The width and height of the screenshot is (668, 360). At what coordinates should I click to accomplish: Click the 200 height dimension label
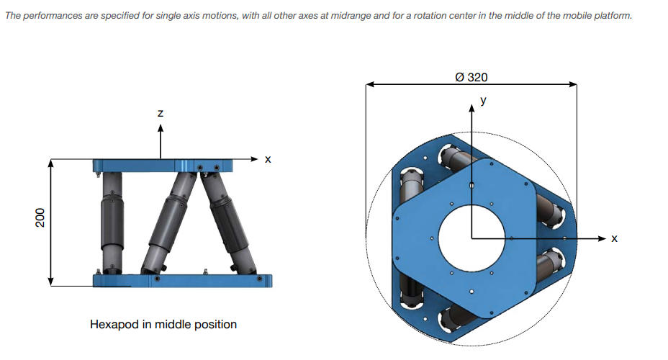click(x=40, y=217)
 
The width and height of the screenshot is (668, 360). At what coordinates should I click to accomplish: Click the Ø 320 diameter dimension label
click(x=471, y=77)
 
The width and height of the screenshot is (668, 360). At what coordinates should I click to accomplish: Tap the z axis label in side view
click(x=161, y=113)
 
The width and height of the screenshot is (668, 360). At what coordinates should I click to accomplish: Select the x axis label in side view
click(x=268, y=159)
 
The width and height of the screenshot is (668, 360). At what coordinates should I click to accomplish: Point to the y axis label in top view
click(x=483, y=101)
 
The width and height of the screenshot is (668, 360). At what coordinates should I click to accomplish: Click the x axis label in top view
click(x=614, y=238)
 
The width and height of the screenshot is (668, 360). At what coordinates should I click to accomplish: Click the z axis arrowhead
click(x=161, y=128)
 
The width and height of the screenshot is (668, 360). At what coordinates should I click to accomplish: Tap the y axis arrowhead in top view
click(x=471, y=108)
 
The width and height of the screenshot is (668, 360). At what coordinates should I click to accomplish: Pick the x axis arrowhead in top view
click(x=602, y=238)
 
